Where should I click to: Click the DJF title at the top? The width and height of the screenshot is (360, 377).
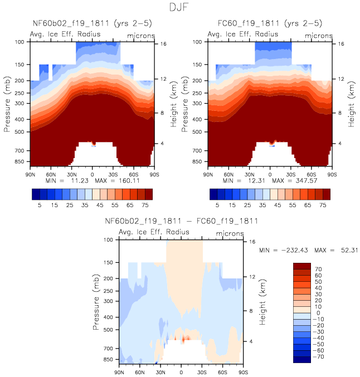coord(179,8)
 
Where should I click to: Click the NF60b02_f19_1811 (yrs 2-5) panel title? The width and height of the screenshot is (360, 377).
coord(92,23)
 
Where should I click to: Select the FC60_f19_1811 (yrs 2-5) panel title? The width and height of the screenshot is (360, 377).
coord(270,23)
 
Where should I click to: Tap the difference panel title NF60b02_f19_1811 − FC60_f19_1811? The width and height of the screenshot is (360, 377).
coord(181,221)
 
